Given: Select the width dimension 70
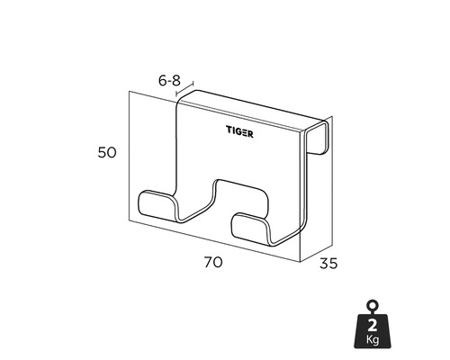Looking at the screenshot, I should pos(212,263).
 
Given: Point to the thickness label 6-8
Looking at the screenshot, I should pos(169,80).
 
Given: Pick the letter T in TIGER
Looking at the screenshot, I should pos(228,130).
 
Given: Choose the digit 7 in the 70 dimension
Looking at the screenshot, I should pos(207,263).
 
